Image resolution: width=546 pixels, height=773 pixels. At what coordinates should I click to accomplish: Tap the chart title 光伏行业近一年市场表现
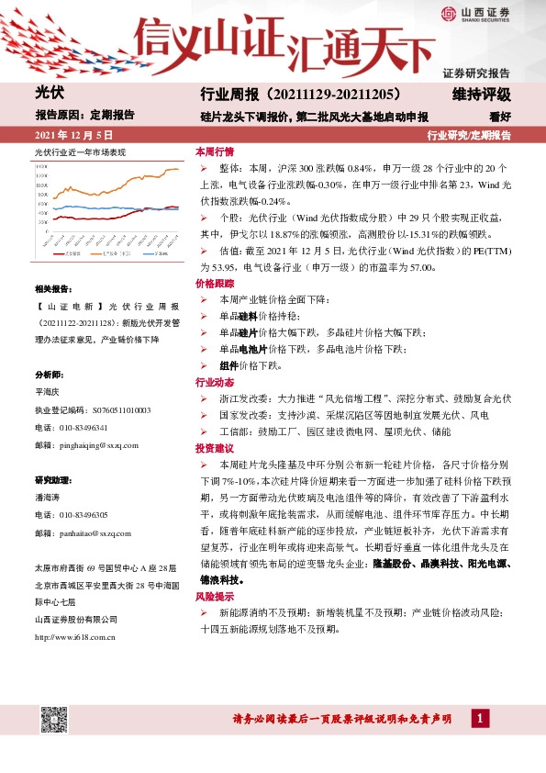79,151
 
